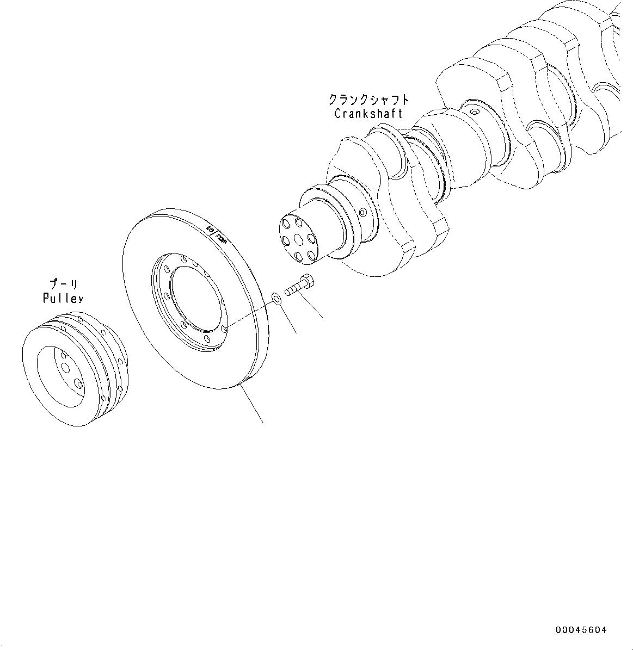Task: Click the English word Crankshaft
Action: point(368,114)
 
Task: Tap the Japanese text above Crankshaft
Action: point(368,100)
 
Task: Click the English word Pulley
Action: point(63,298)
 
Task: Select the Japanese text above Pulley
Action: point(63,284)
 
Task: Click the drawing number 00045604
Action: point(581,630)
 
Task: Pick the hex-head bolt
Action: point(297,287)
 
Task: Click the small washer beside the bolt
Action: point(276,298)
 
